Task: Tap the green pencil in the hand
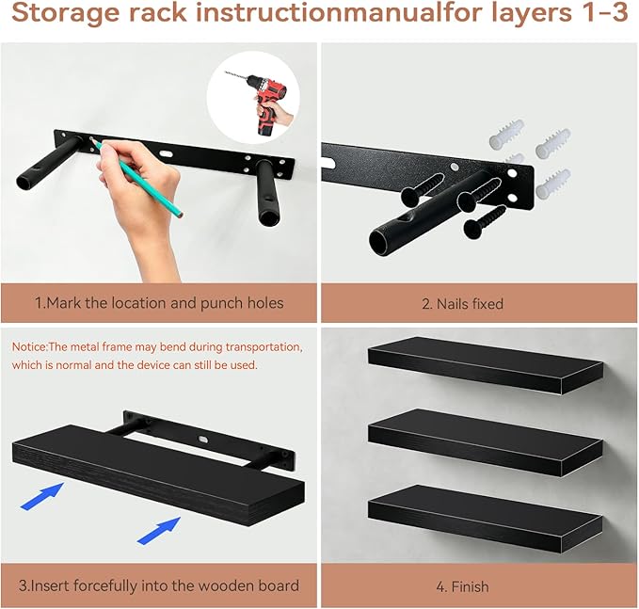(136, 176)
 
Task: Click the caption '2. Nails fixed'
(462, 304)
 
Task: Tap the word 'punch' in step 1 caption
(219, 304)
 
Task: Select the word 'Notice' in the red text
(30, 347)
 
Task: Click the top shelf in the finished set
(485, 364)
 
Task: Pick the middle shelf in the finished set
(485, 441)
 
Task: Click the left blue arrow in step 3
(42, 496)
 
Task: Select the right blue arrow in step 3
(159, 530)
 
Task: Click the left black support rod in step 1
(48, 164)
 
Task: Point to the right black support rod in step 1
(266, 192)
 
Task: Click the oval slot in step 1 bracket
(167, 154)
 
